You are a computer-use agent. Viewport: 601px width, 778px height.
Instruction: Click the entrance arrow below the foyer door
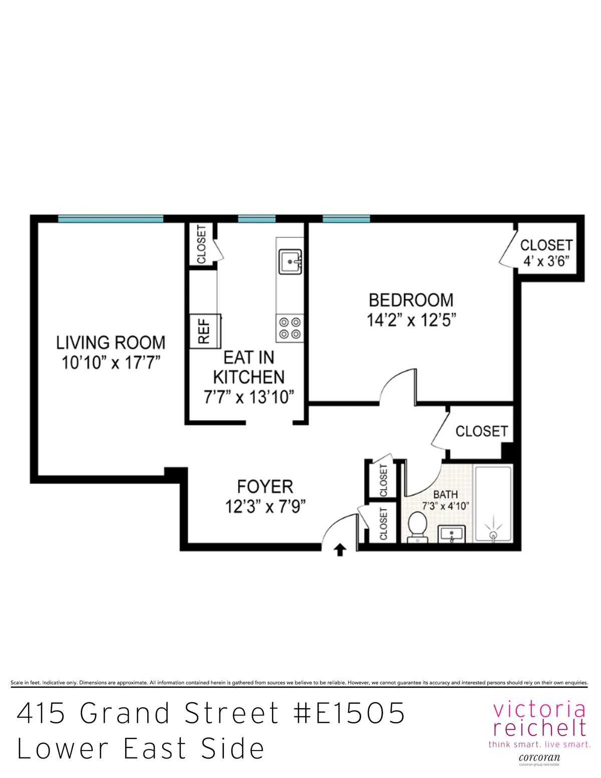click(340, 550)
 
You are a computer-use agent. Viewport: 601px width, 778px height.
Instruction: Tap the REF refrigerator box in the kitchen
click(205, 331)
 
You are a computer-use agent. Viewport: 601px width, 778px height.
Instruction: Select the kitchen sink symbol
click(290, 262)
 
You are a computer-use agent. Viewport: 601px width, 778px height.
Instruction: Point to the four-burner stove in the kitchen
click(289, 328)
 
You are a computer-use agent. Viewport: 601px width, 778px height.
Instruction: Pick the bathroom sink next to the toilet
click(452, 534)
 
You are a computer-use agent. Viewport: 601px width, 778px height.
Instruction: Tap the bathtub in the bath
click(493, 503)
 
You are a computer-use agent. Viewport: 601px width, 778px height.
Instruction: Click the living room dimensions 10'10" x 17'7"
click(111, 362)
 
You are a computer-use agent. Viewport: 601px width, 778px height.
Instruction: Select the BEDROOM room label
click(411, 300)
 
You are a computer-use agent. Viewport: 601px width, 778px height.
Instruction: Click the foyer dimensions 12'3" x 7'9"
click(265, 506)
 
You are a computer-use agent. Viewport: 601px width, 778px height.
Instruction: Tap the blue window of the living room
click(111, 219)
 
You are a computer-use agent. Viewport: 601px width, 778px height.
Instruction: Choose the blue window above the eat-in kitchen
click(256, 219)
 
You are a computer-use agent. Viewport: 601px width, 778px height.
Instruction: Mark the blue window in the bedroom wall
click(346, 219)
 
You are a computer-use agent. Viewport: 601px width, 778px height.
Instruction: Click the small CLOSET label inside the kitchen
click(201, 244)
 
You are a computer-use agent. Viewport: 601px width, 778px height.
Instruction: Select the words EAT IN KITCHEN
click(249, 367)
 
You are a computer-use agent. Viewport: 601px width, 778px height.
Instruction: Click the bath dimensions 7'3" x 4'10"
click(445, 506)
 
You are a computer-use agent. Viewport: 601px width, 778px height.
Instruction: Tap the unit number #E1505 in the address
click(349, 713)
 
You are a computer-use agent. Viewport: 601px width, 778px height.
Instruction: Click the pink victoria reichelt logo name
click(539, 719)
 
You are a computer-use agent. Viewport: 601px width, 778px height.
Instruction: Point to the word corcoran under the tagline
click(539, 757)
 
